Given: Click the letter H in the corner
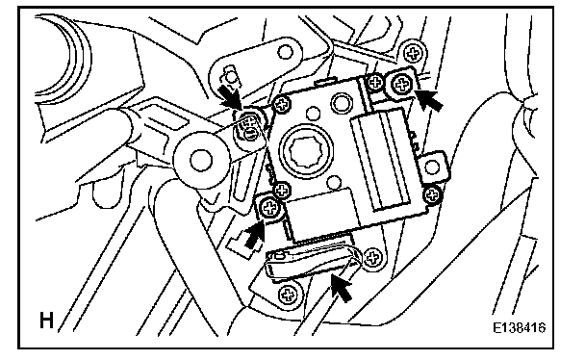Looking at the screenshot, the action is (x=46, y=321).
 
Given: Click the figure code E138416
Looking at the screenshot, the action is (x=519, y=327).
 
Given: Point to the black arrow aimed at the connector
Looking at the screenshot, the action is (x=341, y=285).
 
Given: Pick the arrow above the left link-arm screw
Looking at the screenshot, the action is (x=231, y=96).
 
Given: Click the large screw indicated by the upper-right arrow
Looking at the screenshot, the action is (x=402, y=85).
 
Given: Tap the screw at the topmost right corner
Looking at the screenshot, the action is (x=413, y=55).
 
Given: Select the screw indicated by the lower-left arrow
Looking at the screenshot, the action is (x=269, y=207).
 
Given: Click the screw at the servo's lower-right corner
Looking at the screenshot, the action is (x=432, y=194).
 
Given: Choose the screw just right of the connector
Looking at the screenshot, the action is (x=372, y=257).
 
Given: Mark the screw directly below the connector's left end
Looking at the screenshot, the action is (x=288, y=295).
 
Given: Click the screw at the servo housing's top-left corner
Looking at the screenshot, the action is (x=282, y=104).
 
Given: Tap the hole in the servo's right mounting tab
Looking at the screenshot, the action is (x=432, y=167).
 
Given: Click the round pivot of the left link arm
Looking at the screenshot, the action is (x=201, y=160).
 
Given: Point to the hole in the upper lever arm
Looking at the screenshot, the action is (x=285, y=52).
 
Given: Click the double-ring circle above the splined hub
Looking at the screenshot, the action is (x=341, y=102).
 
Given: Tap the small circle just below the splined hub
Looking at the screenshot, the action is (x=335, y=183).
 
